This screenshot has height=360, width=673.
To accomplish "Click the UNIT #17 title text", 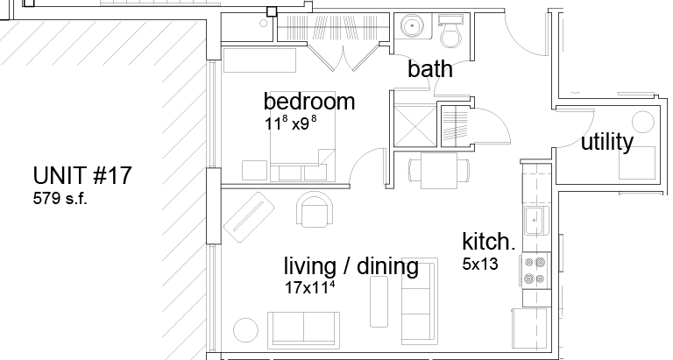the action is (82, 176).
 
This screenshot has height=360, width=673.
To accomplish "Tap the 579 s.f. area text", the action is (60, 199).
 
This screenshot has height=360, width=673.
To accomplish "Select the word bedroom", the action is (309, 102).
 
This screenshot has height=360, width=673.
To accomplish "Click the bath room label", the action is (430, 68).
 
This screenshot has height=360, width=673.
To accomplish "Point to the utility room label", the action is (607, 142).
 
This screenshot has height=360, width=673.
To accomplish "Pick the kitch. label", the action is (488, 242).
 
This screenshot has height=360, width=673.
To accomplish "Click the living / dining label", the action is (351, 266).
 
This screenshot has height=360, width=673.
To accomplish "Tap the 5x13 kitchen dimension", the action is (480, 265).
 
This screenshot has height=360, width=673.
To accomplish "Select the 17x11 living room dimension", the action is (310, 286).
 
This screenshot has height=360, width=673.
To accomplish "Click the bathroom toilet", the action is (450, 31).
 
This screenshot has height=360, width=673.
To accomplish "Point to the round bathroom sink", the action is (413, 25).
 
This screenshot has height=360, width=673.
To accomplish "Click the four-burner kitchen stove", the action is (535, 271).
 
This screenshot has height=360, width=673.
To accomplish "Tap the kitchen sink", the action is (536, 221).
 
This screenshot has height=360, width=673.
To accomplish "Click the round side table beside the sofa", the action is (246, 330).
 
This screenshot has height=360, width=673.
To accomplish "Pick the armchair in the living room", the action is (315, 209).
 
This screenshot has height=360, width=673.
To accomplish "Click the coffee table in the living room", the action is (379, 301).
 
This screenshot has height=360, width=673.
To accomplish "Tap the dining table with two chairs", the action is (439, 170).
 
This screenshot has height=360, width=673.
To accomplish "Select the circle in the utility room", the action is (643, 122).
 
